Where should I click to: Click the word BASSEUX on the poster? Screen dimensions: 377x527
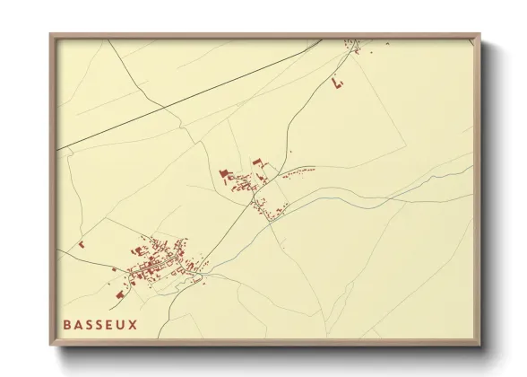[100, 324]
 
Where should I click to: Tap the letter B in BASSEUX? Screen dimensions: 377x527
[67, 324]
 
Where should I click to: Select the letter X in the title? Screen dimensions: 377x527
[134, 324]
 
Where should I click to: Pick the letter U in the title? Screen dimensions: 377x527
[122, 324]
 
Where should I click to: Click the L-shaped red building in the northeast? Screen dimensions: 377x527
[337, 83]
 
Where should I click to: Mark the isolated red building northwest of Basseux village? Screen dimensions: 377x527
[81, 243]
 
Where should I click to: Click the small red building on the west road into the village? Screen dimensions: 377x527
[114, 269]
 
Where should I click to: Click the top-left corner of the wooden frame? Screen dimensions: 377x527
[51, 35]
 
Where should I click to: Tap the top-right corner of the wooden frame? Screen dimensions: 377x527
[479, 35]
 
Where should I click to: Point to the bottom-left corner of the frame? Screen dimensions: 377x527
[51, 346]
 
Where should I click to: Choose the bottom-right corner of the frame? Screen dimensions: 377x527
[479, 346]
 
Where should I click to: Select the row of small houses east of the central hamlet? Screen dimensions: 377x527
[300, 170]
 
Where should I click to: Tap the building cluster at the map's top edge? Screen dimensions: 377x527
[354, 44]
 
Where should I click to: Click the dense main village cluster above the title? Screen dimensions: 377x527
[157, 260]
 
